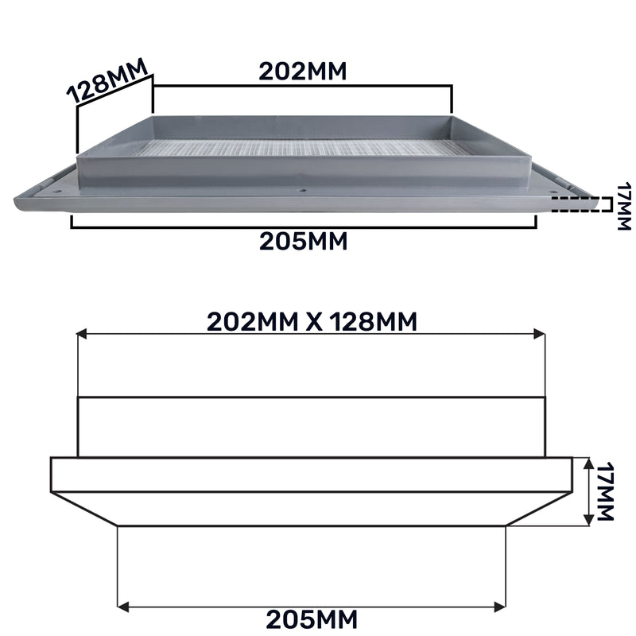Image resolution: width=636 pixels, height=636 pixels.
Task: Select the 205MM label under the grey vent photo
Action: [303, 241]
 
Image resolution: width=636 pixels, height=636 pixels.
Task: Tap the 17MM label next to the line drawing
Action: [607, 492]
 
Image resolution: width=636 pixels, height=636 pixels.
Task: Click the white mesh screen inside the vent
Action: [302, 147]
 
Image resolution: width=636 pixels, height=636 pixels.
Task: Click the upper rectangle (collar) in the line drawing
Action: [312, 427]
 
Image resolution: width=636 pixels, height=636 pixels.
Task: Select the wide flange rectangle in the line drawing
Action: [312, 475]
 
